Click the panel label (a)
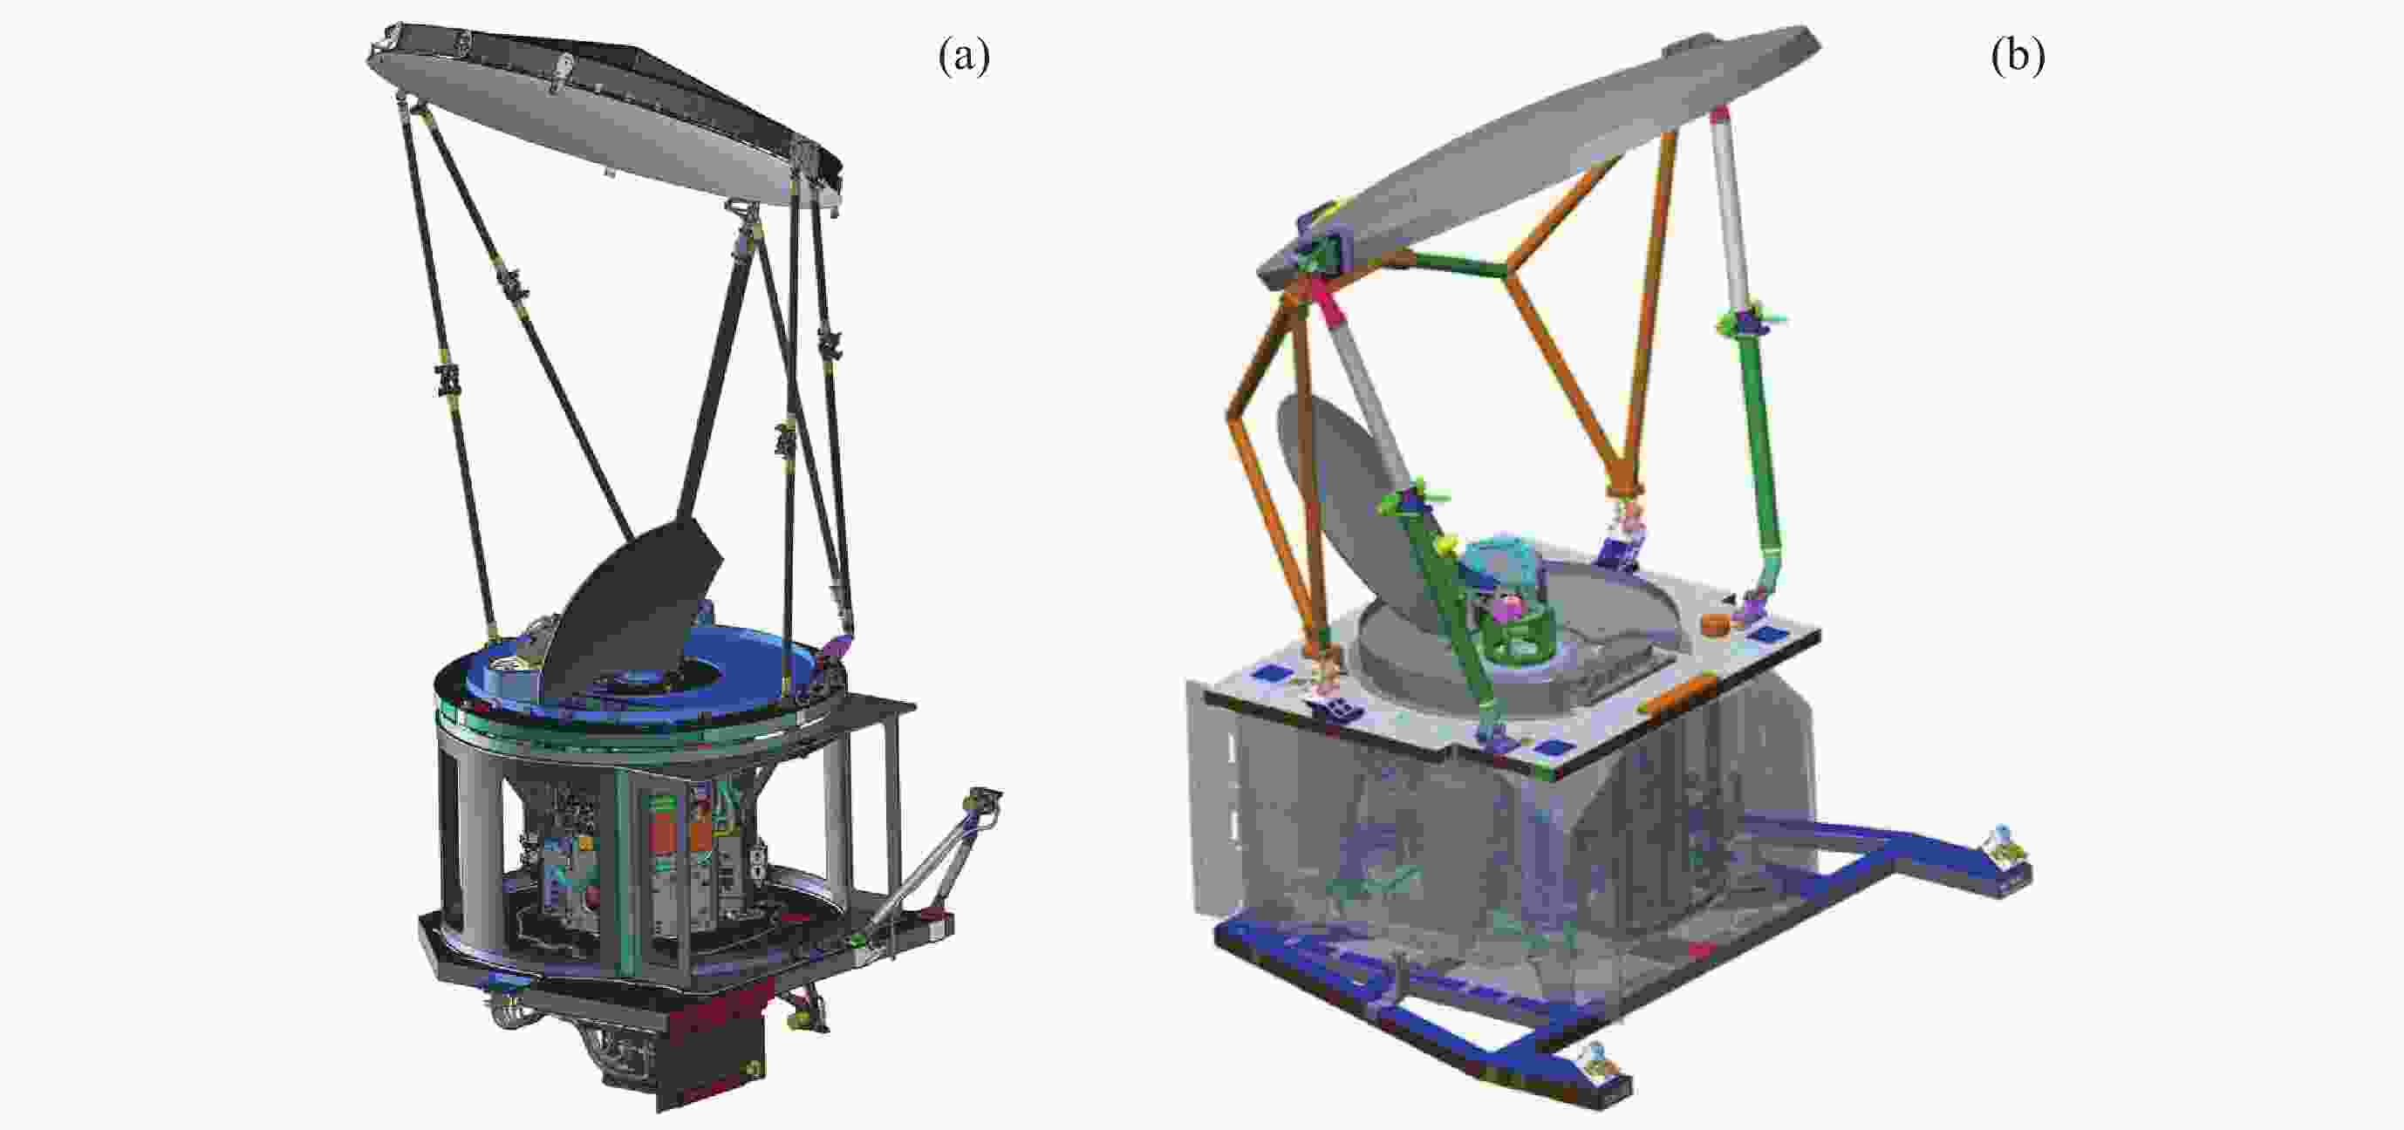(x=963, y=58)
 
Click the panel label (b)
(x=2018, y=58)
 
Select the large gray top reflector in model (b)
(x=1540, y=149)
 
